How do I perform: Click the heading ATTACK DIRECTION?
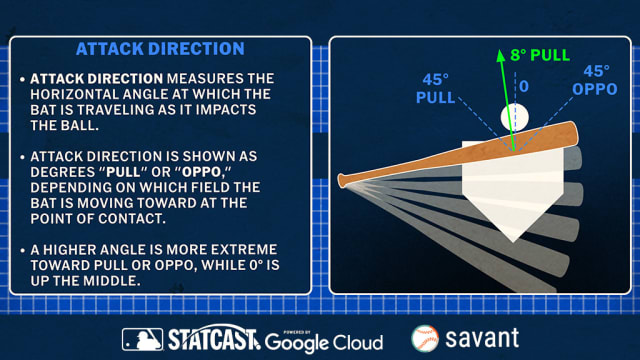[x=159, y=48]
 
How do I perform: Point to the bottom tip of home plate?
[x=512, y=240]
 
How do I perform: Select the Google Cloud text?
[x=324, y=342]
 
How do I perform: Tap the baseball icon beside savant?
[x=425, y=339]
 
